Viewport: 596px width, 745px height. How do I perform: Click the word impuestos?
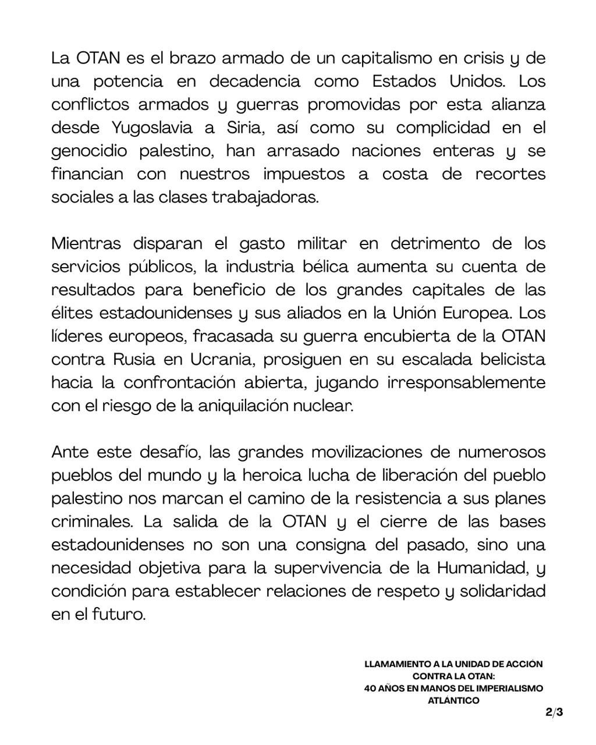(x=304, y=174)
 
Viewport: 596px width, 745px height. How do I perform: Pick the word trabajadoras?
(x=265, y=197)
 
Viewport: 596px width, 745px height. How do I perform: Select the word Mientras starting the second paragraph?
(x=86, y=243)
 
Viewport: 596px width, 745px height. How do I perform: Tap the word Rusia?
(x=134, y=359)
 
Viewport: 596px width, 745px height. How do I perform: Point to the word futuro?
(x=119, y=613)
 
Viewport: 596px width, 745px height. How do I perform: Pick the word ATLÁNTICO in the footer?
(x=453, y=701)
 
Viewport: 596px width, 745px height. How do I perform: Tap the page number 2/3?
(x=554, y=712)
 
